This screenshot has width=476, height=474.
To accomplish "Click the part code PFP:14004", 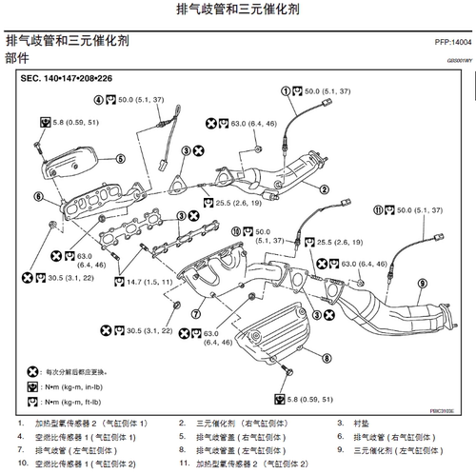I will click(446, 43).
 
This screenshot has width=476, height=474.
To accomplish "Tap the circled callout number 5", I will click(121, 158).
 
